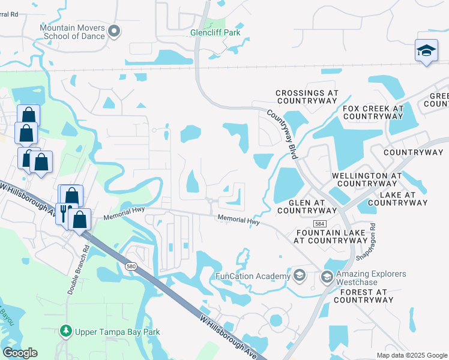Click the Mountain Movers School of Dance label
(x=72, y=32)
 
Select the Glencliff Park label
(x=215, y=32)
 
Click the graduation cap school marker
(x=426, y=51)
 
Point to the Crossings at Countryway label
(x=307, y=97)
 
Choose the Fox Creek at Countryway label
(x=373, y=112)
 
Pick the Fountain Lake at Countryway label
(x=330, y=236)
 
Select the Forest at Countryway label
(x=358, y=296)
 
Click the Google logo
(x=20, y=353)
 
